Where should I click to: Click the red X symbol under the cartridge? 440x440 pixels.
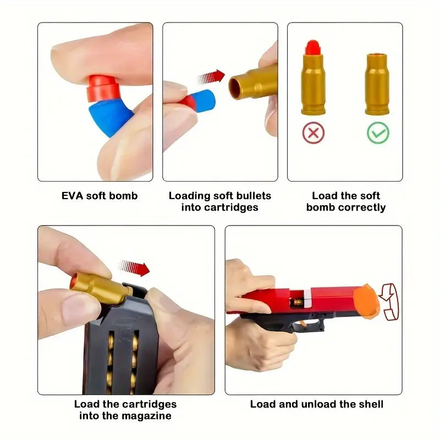click(313, 133)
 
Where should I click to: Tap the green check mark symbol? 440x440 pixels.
click(378, 133)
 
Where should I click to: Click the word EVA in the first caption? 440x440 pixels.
click(73, 196)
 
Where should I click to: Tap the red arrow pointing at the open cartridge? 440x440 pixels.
click(211, 77)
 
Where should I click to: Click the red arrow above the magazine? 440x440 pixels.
click(134, 268)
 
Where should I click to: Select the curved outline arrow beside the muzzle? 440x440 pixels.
click(389, 301)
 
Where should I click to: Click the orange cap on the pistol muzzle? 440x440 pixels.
click(366, 301)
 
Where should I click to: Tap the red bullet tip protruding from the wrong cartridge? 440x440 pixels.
click(313, 47)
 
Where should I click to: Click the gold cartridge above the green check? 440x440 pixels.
click(377, 84)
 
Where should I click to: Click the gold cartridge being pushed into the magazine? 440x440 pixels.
click(100, 287)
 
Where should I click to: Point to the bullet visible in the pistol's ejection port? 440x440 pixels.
click(298, 302)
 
